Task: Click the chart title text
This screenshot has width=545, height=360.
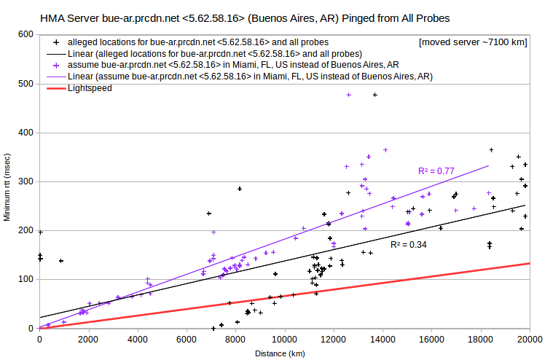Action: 245,18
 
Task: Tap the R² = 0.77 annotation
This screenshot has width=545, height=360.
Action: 436,171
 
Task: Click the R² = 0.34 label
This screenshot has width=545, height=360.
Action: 409,245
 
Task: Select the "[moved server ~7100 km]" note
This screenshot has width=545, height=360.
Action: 473,42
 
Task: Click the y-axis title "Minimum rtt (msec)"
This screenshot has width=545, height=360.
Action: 7,187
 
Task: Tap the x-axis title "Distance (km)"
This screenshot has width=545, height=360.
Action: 280,353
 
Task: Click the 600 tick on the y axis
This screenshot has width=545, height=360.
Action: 26,34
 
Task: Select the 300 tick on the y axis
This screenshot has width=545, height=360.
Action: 26,181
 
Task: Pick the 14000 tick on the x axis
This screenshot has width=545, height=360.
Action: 383,340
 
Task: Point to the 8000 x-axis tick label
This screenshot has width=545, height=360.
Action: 235,340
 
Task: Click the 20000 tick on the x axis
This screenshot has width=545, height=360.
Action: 530,340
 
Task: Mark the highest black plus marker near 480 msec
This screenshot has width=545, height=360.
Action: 375,95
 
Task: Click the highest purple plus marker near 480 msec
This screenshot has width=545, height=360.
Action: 349,95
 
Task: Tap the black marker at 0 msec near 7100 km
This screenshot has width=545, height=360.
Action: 213,329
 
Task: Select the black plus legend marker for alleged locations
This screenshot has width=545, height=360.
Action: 56,43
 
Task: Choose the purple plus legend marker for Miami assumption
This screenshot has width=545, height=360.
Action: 56,66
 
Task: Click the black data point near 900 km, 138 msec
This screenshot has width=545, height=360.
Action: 61,261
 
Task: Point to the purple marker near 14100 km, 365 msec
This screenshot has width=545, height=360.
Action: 385,150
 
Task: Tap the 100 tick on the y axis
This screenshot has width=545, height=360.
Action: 26,279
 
